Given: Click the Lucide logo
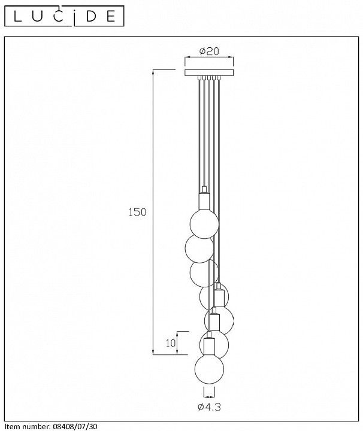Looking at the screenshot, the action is (64, 17).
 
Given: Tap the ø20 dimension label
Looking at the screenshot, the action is (209, 51).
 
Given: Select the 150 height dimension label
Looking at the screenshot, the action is (137, 212).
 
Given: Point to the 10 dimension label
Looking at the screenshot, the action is (171, 343).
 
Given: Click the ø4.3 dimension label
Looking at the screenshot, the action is (209, 406).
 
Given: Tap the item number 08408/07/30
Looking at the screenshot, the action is (74, 427).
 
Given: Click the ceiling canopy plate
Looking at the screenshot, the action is (209, 73).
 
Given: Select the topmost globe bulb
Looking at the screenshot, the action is (205, 223).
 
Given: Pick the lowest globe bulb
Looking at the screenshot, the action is (209, 369).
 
